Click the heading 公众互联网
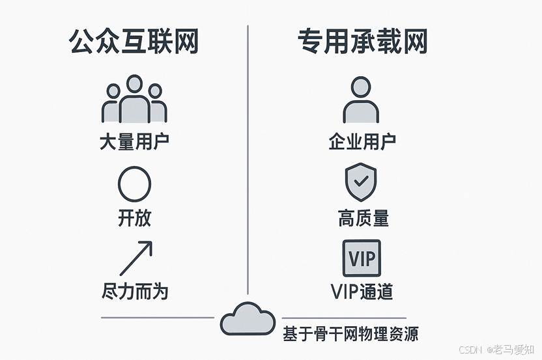click(134, 42)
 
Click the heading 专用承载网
click(362, 42)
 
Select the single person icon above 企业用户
click(361, 100)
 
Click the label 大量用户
click(134, 142)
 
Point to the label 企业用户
click(362, 141)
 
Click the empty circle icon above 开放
click(134, 184)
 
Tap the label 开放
click(134, 218)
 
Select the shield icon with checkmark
click(360, 182)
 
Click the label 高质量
click(363, 218)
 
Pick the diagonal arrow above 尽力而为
click(135, 258)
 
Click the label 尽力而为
click(135, 290)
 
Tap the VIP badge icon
click(362, 258)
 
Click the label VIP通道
click(362, 291)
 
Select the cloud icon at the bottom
click(248, 318)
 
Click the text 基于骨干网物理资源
click(350, 335)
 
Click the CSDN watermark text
click(470, 350)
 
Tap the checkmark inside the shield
click(360, 180)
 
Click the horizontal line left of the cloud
click(157, 318)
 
